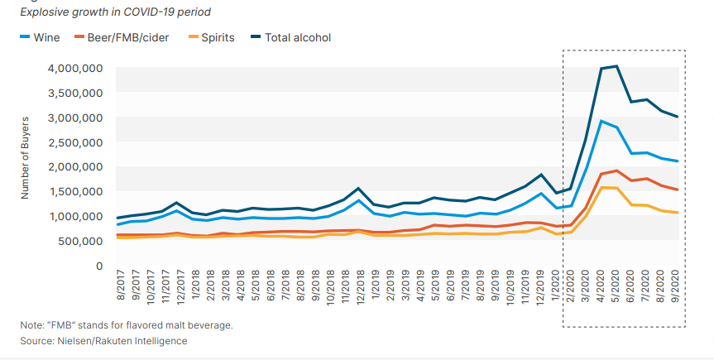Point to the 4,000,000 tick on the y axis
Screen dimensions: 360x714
click(74, 68)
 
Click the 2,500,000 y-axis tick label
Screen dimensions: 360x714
click(74, 142)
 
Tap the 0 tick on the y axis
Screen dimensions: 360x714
click(98, 266)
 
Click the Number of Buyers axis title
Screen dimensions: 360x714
click(26, 166)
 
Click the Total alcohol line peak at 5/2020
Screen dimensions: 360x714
click(617, 66)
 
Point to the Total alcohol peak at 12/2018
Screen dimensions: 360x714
click(357, 189)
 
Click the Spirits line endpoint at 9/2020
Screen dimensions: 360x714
click(678, 213)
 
